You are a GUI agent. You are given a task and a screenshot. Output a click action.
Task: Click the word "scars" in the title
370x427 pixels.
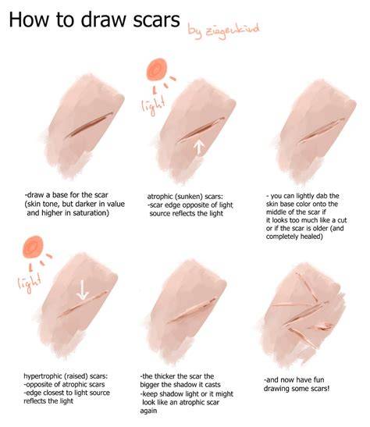tap(156, 20)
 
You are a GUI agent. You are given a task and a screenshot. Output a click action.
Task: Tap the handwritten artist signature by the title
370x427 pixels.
tap(223, 30)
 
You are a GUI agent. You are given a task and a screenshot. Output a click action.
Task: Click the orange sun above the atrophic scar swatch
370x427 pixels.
tap(157, 69)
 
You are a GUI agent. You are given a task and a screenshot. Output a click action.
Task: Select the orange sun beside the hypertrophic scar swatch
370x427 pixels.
tap(33, 247)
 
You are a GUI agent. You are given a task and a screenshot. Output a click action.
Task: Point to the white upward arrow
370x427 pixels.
tap(199, 148)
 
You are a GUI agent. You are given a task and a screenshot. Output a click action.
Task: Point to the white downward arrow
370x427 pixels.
tap(82, 290)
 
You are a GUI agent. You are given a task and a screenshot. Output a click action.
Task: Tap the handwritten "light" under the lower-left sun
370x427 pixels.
tap(30, 283)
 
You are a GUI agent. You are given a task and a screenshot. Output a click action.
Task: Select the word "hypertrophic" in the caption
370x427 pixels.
tap(43, 376)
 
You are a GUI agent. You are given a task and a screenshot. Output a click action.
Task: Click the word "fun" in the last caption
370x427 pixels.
tap(319, 379)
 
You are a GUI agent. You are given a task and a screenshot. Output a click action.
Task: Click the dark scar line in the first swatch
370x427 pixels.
tap(90, 125)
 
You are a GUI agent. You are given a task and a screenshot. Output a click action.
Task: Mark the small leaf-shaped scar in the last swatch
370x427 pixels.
tap(323, 326)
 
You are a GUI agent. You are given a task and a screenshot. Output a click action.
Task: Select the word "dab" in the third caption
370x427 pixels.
tap(322, 196)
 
